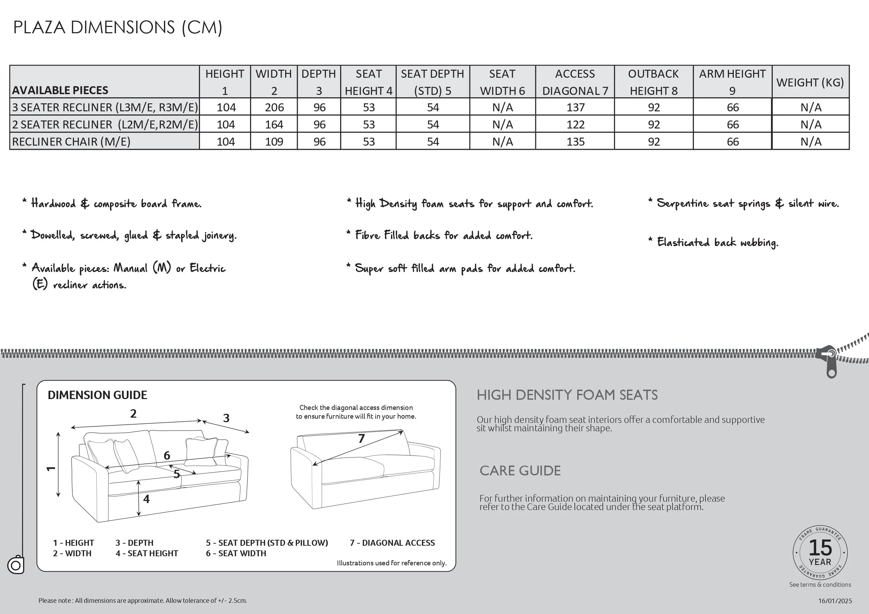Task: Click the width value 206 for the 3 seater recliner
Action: click(x=274, y=107)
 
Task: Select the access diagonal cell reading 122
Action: click(x=575, y=125)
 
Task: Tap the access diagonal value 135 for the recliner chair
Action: click(x=575, y=141)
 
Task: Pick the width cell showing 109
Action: click(x=274, y=141)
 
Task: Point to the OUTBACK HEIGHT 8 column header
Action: click(x=654, y=82)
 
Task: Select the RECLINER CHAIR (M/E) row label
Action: click(x=71, y=141)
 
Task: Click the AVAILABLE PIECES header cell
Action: click(x=60, y=90)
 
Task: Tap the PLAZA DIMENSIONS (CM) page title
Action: click(x=118, y=28)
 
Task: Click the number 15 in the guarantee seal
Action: click(x=820, y=547)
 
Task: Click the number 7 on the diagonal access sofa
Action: click(x=361, y=439)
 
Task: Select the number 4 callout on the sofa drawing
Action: click(x=146, y=499)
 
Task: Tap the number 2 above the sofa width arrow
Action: click(x=133, y=413)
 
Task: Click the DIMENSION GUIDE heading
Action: click(x=97, y=395)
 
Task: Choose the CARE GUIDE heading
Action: click(x=520, y=470)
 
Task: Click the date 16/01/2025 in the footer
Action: click(x=835, y=601)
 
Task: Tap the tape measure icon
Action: click(x=16, y=565)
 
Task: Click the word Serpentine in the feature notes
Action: click(x=682, y=203)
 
